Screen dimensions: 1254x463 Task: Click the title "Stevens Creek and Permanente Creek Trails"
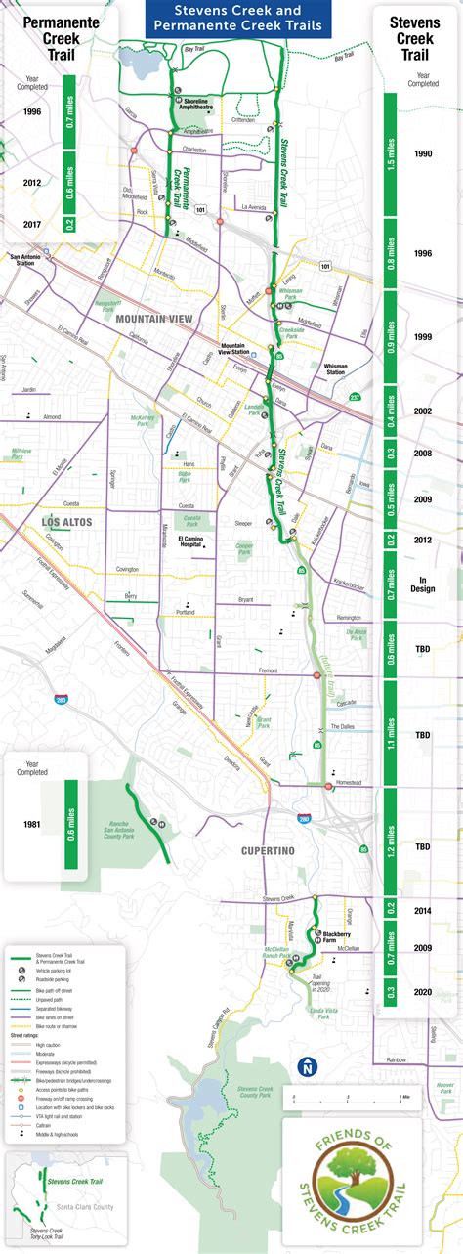231,19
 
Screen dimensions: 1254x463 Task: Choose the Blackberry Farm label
337,935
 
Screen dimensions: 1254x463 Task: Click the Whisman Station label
335,369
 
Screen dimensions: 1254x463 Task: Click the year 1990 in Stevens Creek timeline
423,154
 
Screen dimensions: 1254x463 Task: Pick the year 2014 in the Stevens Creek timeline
422,910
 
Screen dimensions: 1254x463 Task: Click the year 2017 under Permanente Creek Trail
31,224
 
